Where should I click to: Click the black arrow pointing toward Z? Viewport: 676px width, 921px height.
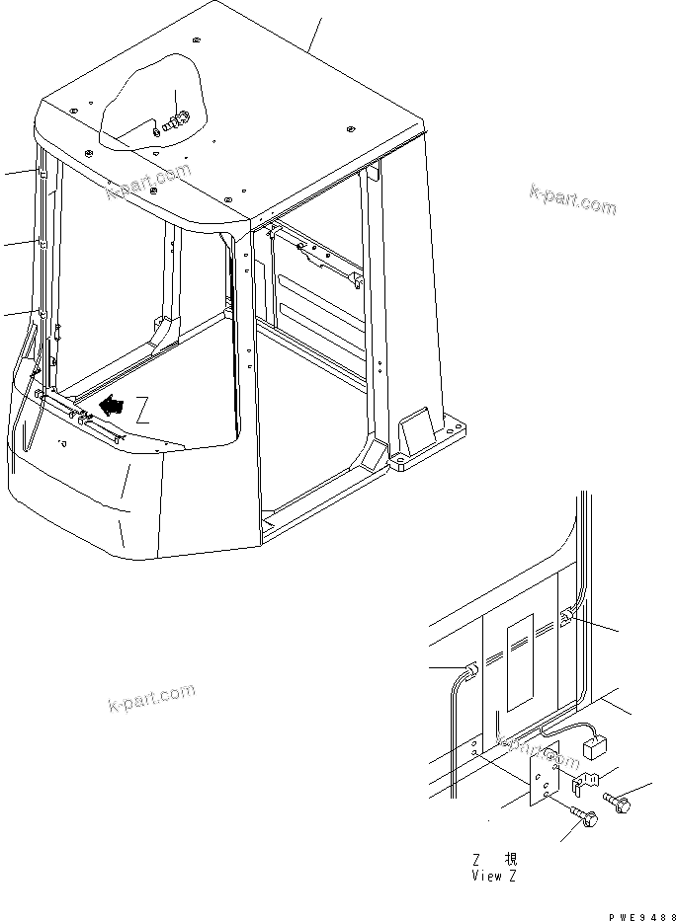[x=112, y=405]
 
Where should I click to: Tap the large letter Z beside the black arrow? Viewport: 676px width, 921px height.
[x=144, y=413]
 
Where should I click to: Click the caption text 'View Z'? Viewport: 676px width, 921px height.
[x=493, y=876]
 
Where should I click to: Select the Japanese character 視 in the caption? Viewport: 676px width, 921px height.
[x=510, y=860]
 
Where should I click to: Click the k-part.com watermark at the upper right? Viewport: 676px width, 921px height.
[x=572, y=199]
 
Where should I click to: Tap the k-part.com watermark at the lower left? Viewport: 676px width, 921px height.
[x=150, y=697]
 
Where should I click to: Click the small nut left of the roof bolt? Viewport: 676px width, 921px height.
[x=155, y=127]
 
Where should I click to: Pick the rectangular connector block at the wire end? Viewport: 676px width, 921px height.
[x=596, y=747]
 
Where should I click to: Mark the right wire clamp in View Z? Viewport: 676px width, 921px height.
[x=565, y=618]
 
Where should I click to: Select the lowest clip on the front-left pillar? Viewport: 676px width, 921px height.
[x=42, y=315]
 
